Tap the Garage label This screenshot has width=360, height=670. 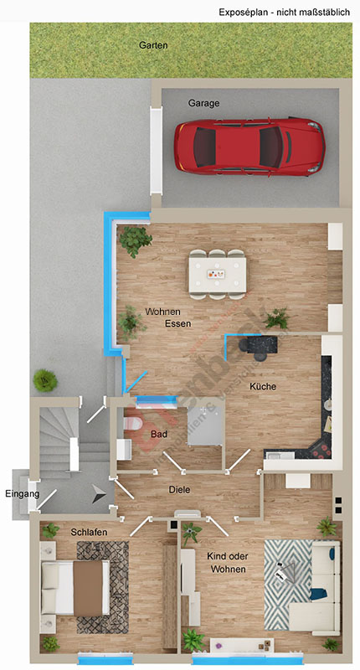click(x=203, y=103)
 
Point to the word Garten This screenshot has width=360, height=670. click(x=153, y=46)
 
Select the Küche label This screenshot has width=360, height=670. click(x=263, y=387)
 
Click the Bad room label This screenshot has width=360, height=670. click(x=159, y=435)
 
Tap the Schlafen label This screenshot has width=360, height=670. click(x=89, y=533)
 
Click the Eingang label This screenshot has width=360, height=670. click(x=22, y=494)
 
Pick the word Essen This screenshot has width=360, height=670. click(x=177, y=323)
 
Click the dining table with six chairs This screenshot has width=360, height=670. click(x=218, y=273)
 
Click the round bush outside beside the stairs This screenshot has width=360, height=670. click(x=44, y=380)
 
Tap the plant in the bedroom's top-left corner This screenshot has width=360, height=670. click(x=50, y=531)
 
